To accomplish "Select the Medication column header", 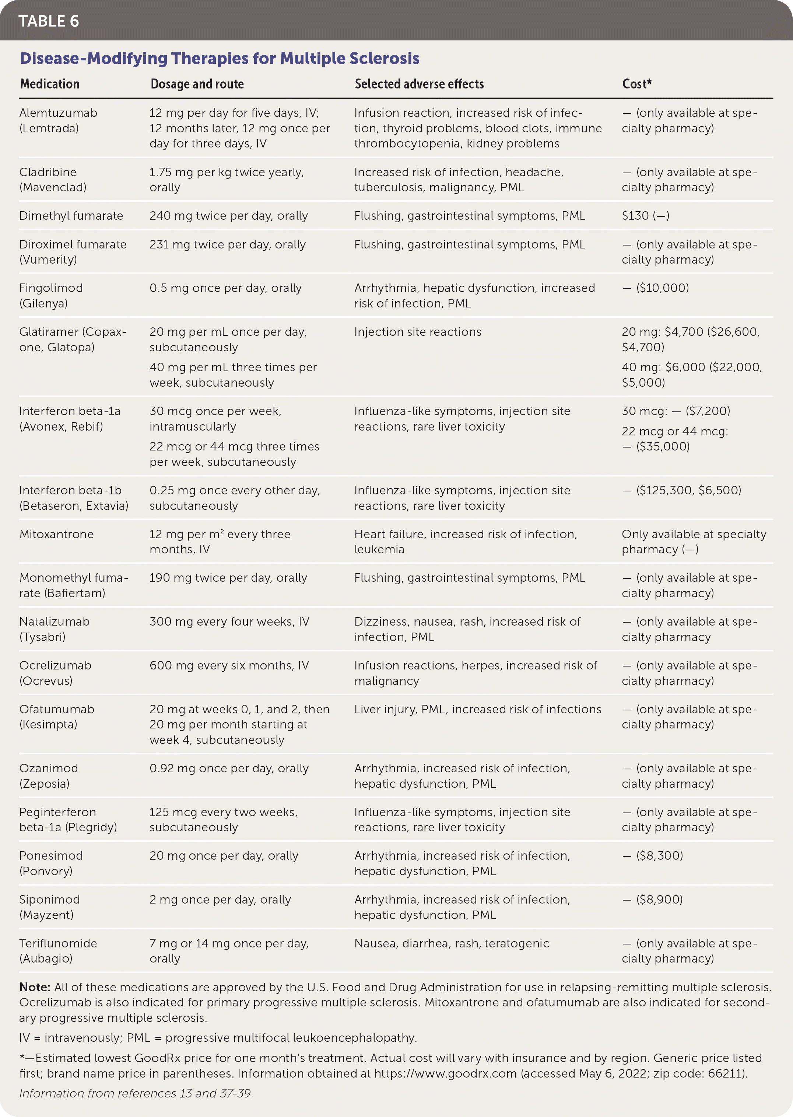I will point(49,84).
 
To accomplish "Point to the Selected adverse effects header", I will point(419,84).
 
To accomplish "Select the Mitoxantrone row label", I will point(56,534).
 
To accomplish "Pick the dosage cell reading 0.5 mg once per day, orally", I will point(225,288).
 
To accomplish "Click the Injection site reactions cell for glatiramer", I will point(418,332).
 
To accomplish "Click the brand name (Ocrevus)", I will point(46,681).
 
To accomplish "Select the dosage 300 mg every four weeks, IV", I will point(229,622).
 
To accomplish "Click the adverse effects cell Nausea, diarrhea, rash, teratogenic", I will point(452,943).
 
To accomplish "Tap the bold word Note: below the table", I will point(35,987).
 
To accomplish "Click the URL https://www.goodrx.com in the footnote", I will point(445,1073).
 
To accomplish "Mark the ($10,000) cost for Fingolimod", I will point(662,288).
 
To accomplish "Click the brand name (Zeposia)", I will point(45,784).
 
